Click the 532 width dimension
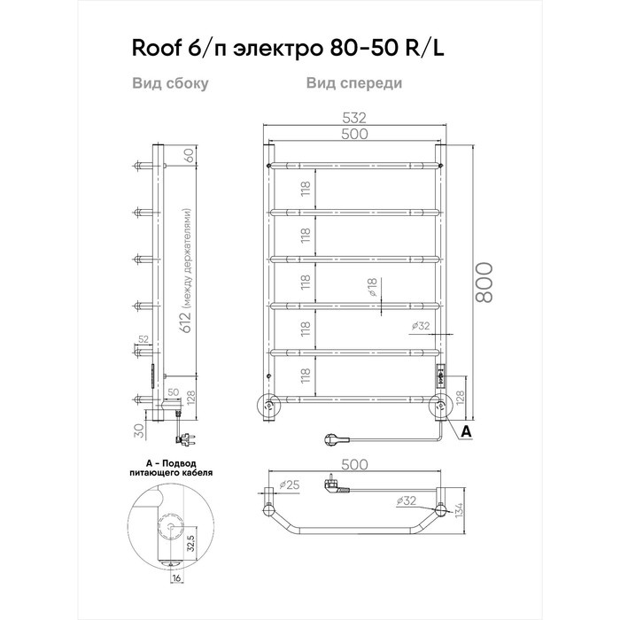click(354, 118)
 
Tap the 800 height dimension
click(484, 283)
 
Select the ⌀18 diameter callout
click(373, 287)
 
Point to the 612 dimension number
click(186, 322)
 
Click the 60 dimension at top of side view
click(190, 155)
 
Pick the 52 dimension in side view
click(143, 339)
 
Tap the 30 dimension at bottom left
click(139, 430)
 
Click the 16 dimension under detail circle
click(176, 577)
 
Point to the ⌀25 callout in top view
click(290, 484)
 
